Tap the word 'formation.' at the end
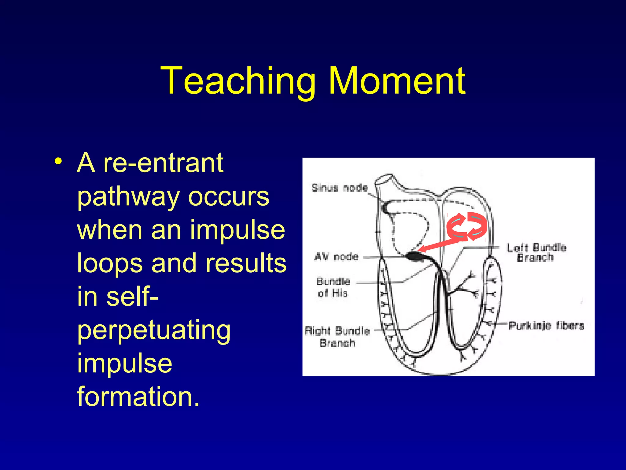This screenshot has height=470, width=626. tap(138, 397)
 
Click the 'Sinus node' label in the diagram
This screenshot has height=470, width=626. tap(339, 188)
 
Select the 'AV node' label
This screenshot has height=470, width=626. tap(336, 256)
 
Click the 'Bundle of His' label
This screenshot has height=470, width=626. tap(333, 287)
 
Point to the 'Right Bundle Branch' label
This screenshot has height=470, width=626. tap(337, 337)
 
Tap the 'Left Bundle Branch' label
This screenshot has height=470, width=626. tap(536, 252)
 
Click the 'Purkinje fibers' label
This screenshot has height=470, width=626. tap(546, 326)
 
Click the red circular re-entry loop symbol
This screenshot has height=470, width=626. tap(466, 226)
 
